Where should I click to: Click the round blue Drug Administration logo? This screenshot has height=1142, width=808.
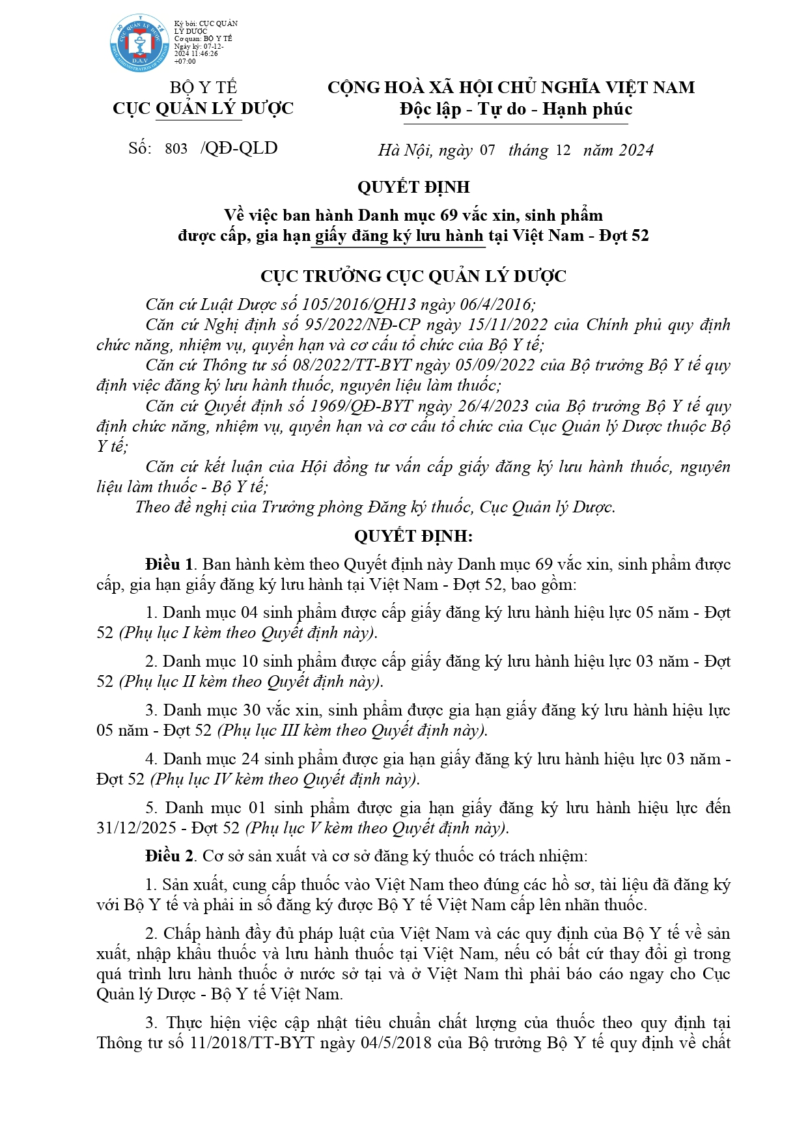140,44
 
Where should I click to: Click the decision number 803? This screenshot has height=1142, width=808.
176,149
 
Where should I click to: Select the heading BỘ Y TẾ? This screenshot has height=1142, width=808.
203,88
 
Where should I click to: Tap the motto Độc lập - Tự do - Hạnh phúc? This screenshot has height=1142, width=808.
516,109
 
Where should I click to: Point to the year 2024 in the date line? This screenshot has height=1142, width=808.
635,150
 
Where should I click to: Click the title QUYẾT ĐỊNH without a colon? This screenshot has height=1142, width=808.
413,188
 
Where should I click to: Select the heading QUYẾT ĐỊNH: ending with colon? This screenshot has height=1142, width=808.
413,536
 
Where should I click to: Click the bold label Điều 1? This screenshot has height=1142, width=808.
169,564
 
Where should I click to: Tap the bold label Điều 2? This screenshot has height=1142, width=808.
169,856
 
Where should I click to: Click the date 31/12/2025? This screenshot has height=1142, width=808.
137,828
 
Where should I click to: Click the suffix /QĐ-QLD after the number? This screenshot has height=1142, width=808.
239,148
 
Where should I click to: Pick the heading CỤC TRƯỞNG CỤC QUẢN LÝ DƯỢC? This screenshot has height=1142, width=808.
413,277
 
